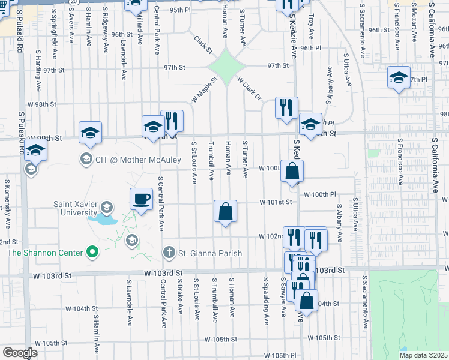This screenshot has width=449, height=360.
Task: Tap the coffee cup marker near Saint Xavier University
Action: pos(141,199)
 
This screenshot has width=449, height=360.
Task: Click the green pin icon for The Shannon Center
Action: pos(91,253)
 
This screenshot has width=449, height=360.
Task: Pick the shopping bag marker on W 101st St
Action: pos(225,211)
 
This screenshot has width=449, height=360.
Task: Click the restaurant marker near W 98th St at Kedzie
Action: pos(286,107)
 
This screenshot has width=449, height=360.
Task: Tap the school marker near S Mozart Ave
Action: pos(399,78)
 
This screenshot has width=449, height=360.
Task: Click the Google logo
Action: pos(19,353)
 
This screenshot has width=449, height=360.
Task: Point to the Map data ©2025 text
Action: pos(423,355)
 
